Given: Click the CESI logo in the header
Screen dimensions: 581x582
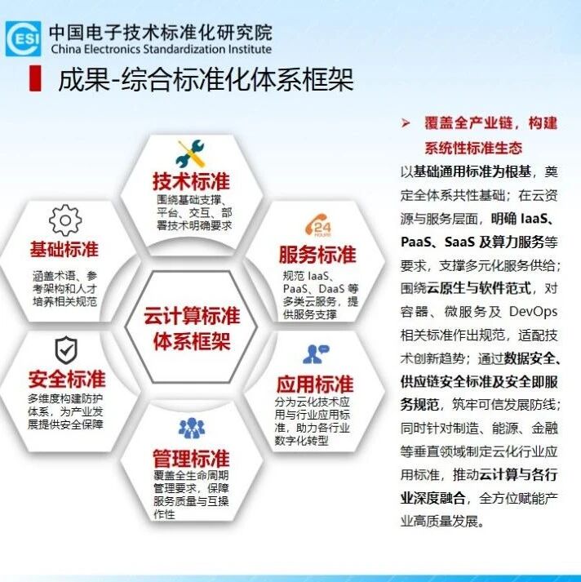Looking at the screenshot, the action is point(23,38).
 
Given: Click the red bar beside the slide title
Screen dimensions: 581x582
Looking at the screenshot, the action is point(35,78).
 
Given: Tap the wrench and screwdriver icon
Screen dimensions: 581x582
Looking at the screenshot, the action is point(190,153).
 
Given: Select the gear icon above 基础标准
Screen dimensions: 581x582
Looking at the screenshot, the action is point(65,220).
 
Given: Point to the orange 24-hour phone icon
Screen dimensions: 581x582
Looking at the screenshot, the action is point(318,225).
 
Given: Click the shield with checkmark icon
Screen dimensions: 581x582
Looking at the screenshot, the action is point(66,350).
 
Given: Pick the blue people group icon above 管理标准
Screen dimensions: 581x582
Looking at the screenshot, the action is point(192,428).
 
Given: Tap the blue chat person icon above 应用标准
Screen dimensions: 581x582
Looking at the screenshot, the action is point(316,354).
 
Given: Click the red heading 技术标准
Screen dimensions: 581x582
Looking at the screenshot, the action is point(191,181).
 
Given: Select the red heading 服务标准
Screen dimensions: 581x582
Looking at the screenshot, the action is point(317,255).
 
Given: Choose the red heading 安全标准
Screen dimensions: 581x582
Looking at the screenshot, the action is point(67,379).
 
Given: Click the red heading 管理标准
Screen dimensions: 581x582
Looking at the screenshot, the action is point(191,459).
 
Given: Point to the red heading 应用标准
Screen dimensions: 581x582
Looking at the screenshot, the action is point(315,384).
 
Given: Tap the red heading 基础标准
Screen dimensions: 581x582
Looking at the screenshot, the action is point(64,249).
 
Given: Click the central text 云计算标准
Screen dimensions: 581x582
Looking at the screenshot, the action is point(192,316).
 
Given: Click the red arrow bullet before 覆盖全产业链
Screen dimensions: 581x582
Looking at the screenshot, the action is point(406,123).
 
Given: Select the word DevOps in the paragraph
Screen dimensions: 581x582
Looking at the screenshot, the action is point(533,312).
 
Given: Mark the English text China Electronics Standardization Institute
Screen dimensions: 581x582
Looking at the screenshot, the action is point(161,49).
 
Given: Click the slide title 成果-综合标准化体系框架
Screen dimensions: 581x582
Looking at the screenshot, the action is point(206,79).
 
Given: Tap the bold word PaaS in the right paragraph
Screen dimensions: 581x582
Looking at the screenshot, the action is point(416,242).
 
